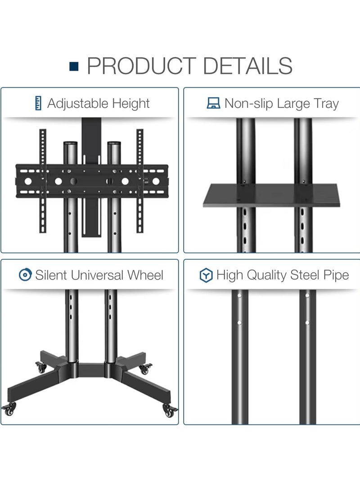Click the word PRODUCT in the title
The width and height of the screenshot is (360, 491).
141,66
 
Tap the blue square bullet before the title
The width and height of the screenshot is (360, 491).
74,67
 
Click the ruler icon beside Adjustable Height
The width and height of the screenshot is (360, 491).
38,104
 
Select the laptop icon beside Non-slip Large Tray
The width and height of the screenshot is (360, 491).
213,104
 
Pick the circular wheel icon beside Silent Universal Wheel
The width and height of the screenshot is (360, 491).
25,275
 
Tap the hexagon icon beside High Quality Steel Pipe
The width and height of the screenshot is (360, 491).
206,275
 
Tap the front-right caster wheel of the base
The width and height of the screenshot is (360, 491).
170,410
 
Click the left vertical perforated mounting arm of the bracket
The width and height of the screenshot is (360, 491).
43,180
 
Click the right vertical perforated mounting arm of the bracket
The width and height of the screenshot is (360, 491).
140,180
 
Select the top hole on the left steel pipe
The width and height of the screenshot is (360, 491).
239,296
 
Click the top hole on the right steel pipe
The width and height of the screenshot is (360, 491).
307,295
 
